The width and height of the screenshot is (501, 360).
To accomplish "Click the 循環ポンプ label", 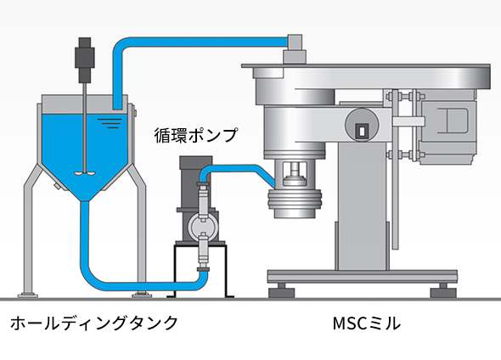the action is tap(196, 135).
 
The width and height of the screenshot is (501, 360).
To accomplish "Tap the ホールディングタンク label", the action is tap(94, 323).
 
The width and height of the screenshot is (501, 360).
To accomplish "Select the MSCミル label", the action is tap(366, 323).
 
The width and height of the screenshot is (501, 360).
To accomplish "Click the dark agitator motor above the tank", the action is tap(85, 60).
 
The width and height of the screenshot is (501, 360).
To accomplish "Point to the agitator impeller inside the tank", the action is tap(85, 173).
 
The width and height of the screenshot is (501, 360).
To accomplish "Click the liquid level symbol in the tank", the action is tap(110, 123).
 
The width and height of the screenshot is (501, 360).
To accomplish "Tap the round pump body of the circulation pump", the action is tap(203, 226).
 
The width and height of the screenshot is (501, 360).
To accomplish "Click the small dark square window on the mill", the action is tap(362, 131).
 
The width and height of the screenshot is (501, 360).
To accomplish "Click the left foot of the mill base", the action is tap(281, 290).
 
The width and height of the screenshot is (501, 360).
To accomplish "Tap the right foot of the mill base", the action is tap(443, 290).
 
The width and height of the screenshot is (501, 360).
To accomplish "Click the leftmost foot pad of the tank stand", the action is tap(27, 295).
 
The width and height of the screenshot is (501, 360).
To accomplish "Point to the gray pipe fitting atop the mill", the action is tap(295, 48).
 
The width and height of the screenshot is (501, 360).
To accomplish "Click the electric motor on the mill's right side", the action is tap(448, 127).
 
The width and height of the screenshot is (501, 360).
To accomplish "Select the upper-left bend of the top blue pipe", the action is tap(121, 45).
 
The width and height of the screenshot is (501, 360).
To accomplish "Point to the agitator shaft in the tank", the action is tap(85, 127).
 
